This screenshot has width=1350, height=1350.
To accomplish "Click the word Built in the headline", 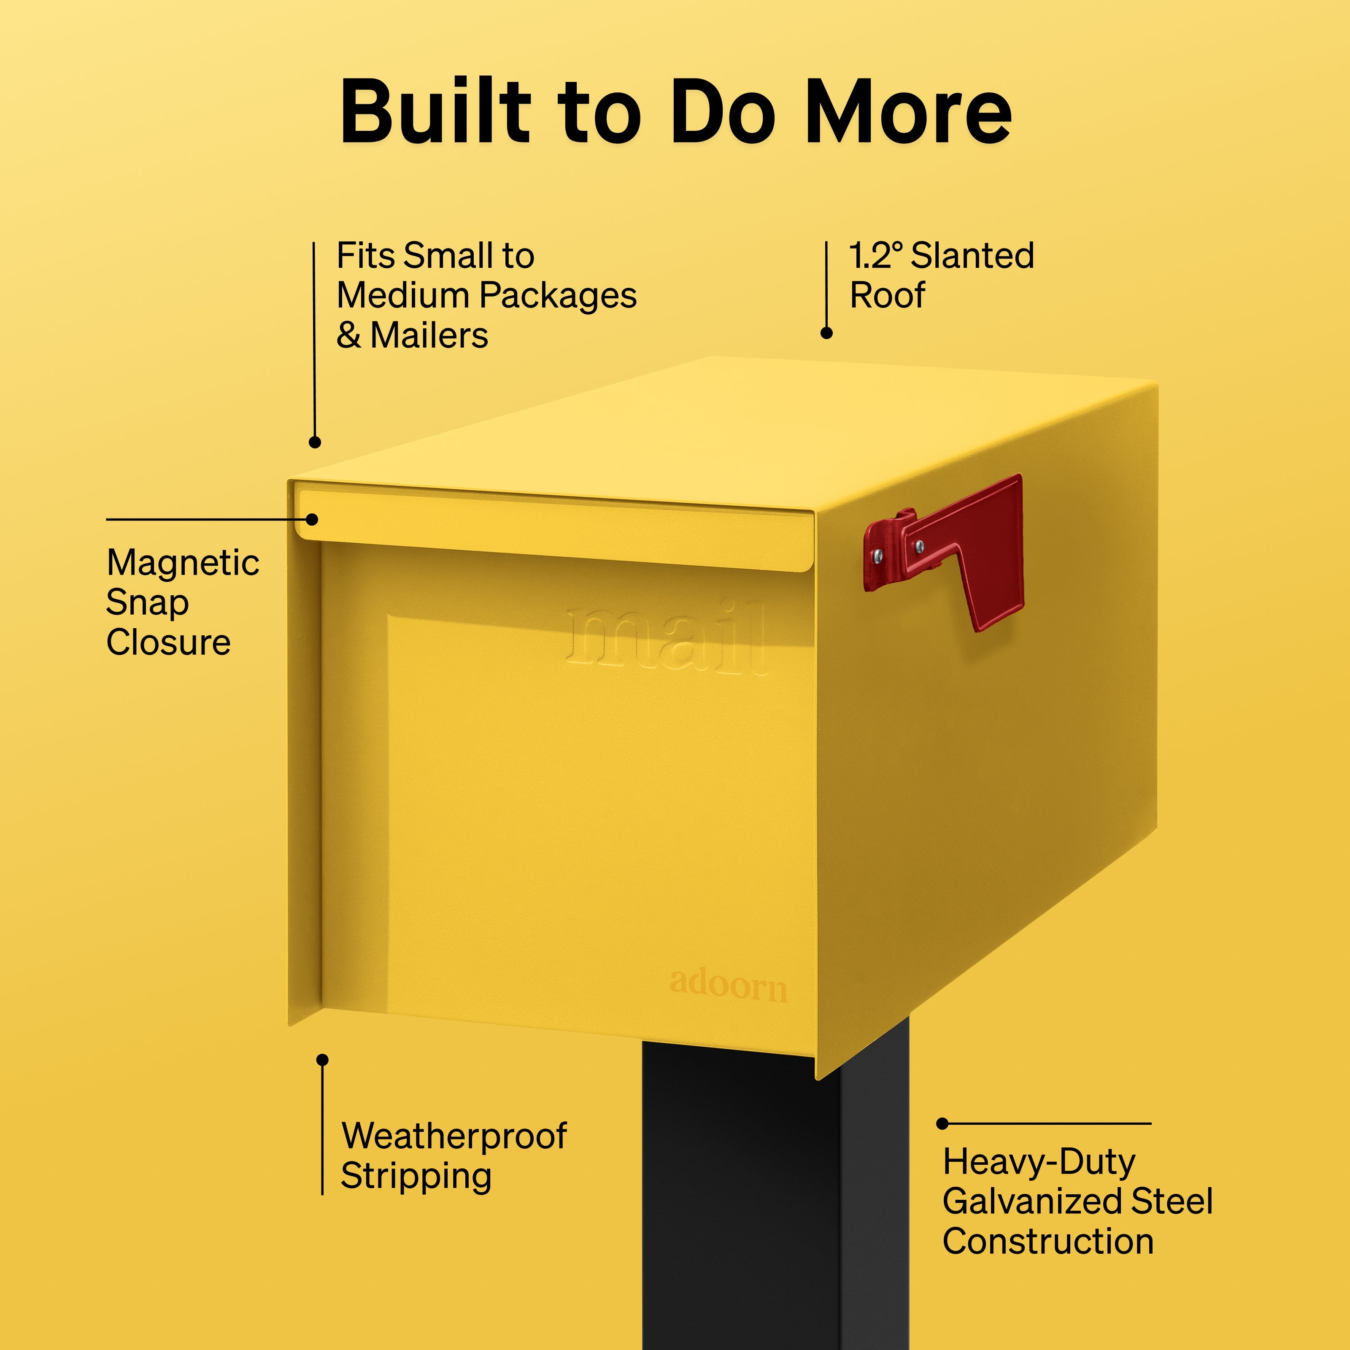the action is tap(435, 111).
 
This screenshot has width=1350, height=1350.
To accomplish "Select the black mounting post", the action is tap(776, 1188).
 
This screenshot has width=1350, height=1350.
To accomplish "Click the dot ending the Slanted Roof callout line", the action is tap(826, 333).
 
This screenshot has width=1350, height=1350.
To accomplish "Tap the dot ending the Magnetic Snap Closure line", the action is tap(312, 519).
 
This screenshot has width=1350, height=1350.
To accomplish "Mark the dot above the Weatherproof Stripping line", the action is tap(322, 1060).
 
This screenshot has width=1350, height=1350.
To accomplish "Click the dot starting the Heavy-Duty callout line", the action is tap(942, 1123).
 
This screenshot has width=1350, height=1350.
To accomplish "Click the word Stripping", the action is tap(416, 1177).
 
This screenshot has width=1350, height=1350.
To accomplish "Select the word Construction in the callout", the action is tap(1048, 1241).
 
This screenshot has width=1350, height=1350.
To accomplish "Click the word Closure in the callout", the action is tap(168, 642).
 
